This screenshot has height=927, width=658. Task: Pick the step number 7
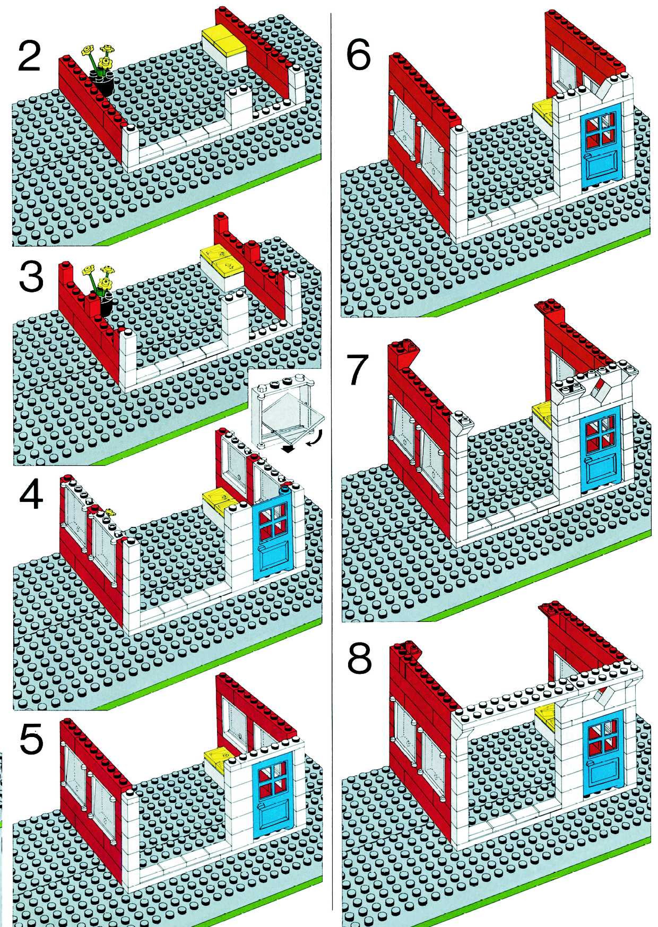click(358, 370)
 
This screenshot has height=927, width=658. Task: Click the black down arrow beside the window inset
click(288, 448)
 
